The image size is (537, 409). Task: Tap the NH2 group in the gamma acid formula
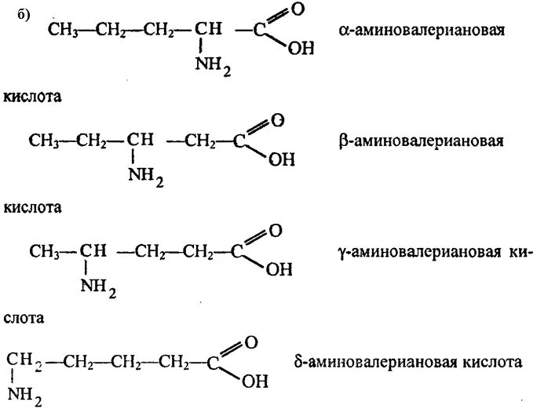point(98,291)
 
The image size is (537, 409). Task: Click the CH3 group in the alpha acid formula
point(62,31)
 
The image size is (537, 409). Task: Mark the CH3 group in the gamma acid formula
point(44,252)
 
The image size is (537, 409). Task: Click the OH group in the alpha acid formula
point(300,49)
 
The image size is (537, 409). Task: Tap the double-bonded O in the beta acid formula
point(276,122)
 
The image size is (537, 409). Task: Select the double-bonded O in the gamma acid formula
point(275,232)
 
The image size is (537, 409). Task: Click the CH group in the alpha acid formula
point(209,31)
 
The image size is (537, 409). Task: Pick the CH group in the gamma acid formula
point(93,252)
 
